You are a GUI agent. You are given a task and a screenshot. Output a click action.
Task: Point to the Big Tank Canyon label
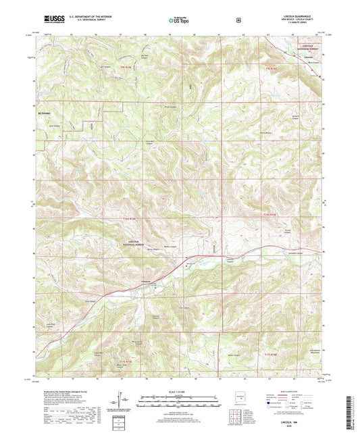pos(144,57)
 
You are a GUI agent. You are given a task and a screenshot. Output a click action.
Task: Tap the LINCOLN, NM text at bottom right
pos(297,420)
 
